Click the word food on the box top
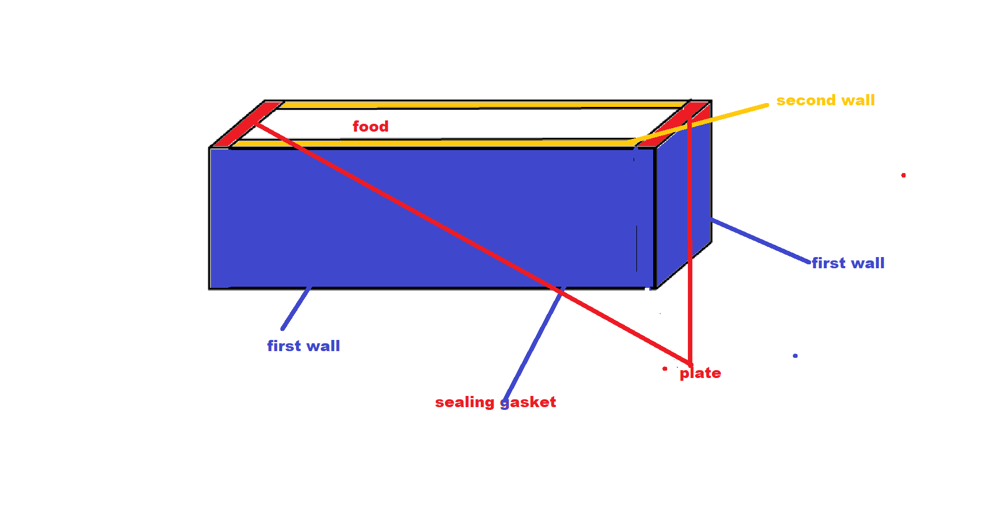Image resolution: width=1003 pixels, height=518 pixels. pos(370,127)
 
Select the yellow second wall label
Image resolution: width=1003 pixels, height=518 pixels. pos(825,101)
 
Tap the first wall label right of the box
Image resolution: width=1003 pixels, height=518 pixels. pos(848,263)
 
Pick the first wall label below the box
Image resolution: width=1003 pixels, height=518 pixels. pos(303,346)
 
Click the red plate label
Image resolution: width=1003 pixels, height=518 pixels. pos(700,374)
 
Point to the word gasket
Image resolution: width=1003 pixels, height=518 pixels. pos(528,402)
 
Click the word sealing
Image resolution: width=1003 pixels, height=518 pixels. pos(465,402)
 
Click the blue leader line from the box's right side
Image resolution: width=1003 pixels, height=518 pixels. pos(761,241)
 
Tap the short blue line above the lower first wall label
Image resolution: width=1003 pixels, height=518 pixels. pos(296,308)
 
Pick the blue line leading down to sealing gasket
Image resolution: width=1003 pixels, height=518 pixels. pos(532,347)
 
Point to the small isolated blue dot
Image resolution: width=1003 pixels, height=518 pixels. pos(795,356)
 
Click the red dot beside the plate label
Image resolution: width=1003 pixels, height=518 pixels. pos(665,368)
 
